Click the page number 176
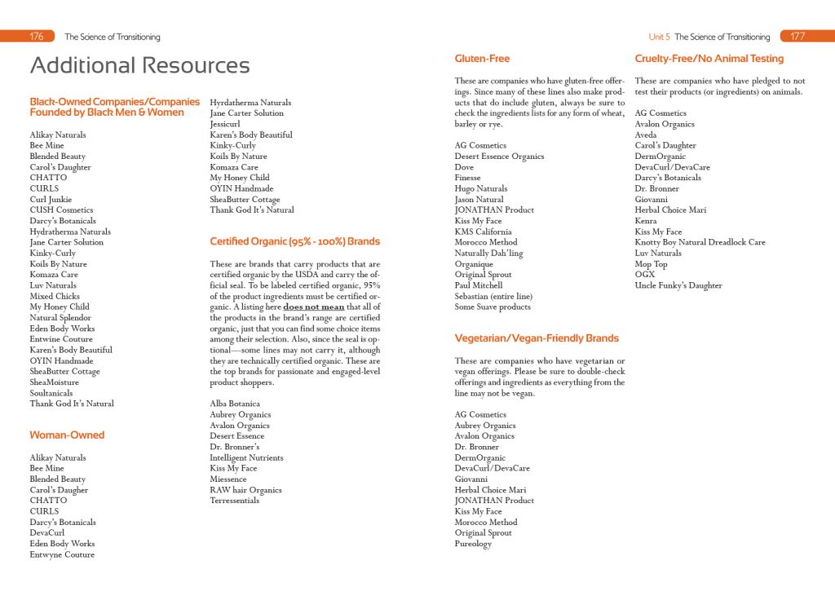(x=36, y=37)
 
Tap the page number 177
(x=798, y=37)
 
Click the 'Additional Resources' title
(x=139, y=65)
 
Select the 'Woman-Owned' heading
(x=67, y=435)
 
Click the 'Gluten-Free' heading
(x=482, y=59)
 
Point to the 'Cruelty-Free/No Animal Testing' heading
(x=709, y=59)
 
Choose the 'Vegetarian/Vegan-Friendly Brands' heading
(x=537, y=338)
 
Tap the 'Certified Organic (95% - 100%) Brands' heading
(x=294, y=241)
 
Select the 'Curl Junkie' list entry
(x=51, y=199)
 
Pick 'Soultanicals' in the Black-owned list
(x=51, y=393)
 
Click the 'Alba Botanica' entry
(x=235, y=404)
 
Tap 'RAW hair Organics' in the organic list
(x=245, y=490)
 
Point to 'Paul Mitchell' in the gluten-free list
(x=479, y=285)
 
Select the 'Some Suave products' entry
(x=493, y=307)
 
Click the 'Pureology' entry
(x=473, y=544)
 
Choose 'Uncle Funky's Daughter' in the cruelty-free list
(x=678, y=285)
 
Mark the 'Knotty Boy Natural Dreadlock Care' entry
(x=700, y=242)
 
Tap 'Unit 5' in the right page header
(x=659, y=37)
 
